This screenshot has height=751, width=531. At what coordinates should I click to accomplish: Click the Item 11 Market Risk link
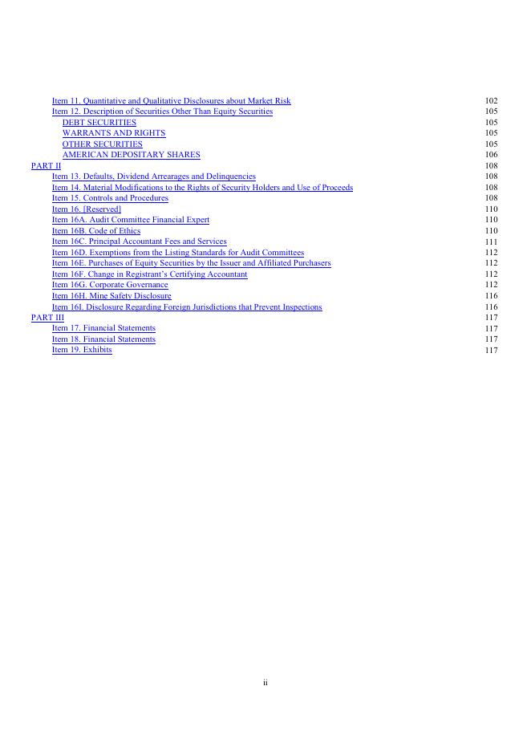[x=171, y=101]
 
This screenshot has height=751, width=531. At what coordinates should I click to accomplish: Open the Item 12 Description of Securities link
[x=162, y=112]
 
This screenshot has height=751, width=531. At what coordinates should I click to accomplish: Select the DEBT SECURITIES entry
[x=99, y=123]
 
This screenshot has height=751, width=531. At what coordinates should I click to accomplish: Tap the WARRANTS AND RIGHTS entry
[x=113, y=133]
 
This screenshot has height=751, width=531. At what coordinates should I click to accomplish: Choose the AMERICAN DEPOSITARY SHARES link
[x=131, y=155]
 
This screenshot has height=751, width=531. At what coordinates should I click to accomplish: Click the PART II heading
[x=46, y=166]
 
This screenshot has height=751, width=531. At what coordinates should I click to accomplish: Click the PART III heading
[x=47, y=318]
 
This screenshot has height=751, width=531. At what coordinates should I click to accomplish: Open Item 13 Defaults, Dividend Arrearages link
[x=153, y=177]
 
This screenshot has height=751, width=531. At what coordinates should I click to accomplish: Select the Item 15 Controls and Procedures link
[x=110, y=198]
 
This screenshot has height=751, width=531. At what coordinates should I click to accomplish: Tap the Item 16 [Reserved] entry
[x=87, y=209]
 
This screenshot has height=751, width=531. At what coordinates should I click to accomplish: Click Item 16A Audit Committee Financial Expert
[x=131, y=220]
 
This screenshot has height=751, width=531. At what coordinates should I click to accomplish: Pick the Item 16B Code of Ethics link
[x=96, y=231]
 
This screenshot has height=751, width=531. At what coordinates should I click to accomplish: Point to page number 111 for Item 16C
[x=491, y=242]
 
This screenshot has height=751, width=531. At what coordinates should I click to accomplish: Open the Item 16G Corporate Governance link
[x=110, y=285]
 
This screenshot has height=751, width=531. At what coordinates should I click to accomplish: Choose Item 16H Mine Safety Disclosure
[x=111, y=296]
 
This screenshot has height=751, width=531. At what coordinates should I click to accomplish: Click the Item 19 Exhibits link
[x=82, y=350]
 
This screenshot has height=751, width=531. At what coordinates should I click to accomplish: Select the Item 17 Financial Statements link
[x=103, y=328]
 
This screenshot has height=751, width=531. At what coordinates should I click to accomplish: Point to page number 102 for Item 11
[x=491, y=101]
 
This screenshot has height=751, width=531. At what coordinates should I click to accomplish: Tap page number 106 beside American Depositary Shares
[x=491, y=155]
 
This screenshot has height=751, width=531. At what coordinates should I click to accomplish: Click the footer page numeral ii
[x=265, y=683]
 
